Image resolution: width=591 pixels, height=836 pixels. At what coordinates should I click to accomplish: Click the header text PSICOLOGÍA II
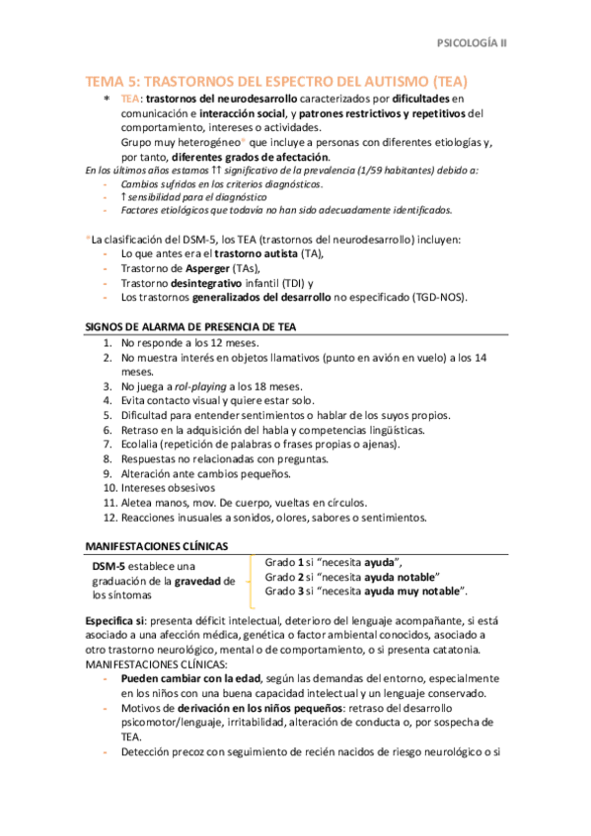tap(472, 43)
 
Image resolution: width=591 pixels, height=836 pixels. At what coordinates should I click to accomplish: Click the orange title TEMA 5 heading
tap(277, 81)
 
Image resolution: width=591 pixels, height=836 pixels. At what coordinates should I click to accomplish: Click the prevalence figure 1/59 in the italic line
tap(352, 171)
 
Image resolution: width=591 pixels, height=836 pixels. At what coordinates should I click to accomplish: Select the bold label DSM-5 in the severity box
tap(109, 566)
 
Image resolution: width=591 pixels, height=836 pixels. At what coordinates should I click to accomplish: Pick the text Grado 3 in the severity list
tap(285, 591)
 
